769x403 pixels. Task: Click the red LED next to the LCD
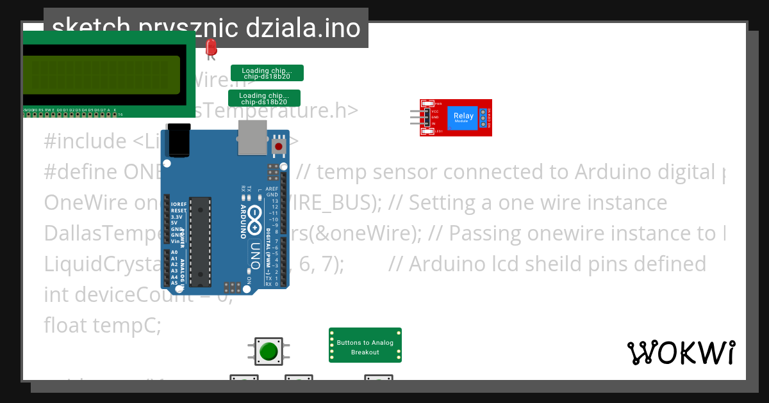(211, 47)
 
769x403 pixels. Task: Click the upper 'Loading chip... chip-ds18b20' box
(267, 73)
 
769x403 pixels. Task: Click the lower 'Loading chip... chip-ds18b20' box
(264, 98)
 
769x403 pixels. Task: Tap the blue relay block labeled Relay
(463, 118)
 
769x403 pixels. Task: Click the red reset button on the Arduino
(279, 146)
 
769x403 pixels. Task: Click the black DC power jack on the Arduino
(179, 141)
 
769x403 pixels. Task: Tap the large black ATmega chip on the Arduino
(200, 242)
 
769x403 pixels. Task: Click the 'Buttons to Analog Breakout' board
(365, 345)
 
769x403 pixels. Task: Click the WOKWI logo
(681, 352)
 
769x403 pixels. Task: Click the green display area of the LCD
(101, 74)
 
